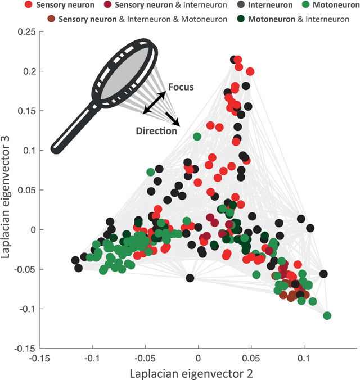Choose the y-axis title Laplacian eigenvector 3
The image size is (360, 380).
point(8,190)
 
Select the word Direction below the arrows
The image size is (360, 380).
point(156,131)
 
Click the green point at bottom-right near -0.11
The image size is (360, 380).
point(327,315)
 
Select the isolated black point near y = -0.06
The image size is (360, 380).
point(190,278)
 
